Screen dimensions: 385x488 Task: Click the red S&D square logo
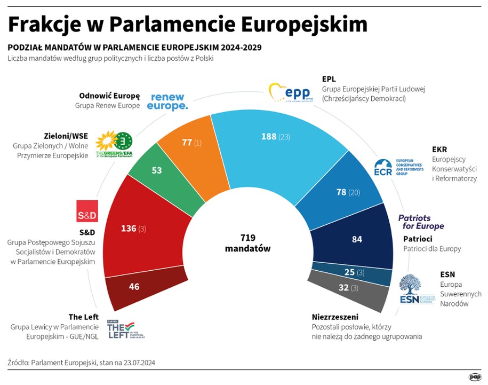(87, 211)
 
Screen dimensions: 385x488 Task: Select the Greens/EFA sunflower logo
(113, 143)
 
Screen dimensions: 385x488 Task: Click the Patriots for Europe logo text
(421, 222)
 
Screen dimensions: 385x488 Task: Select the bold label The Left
(83, 317)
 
